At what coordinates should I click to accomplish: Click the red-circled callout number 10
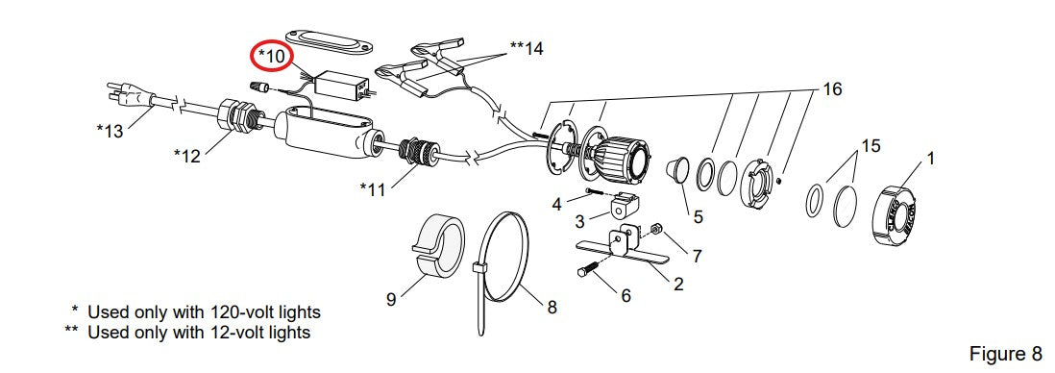(x=272, y=57)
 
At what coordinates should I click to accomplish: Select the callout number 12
(x=187, y=156)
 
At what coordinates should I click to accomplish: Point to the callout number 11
(x=373, y=190)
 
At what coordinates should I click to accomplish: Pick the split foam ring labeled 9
(x=436, y=246)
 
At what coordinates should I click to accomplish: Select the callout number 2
(x=678, y=285)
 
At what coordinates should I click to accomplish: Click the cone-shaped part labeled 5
(x=677, y=169)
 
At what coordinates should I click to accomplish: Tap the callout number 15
(x=871, y=145)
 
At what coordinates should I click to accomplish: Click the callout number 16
(x=832, y=88)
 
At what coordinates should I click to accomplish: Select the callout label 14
(x=527, y=48)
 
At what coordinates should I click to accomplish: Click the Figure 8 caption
(x=1005, y=353)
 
